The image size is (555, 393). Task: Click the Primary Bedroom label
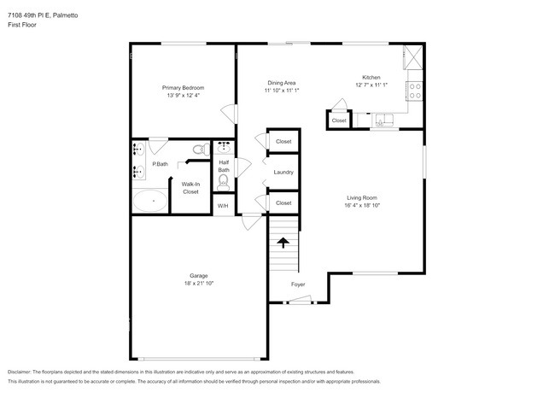point(184,87)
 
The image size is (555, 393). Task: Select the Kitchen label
point(371,78)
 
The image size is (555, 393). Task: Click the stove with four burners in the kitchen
point(415,88)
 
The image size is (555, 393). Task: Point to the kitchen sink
point(384,120)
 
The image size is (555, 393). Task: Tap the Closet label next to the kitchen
point(339,120)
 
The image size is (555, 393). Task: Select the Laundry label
point(283,172)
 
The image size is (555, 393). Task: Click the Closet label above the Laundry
point(283,141)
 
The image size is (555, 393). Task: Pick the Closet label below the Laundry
point(283,202)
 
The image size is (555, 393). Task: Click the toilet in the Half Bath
point(224,180)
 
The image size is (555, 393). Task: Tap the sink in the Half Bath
point(224,147)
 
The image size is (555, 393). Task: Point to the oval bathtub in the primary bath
point(150,202)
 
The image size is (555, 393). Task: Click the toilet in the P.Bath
point(198,150)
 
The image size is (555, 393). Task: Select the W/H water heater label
point(223,206)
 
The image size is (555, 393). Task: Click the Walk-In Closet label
point(190,188)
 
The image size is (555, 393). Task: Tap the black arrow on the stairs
point(283,243)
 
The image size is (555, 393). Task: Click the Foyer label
point(298,284)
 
